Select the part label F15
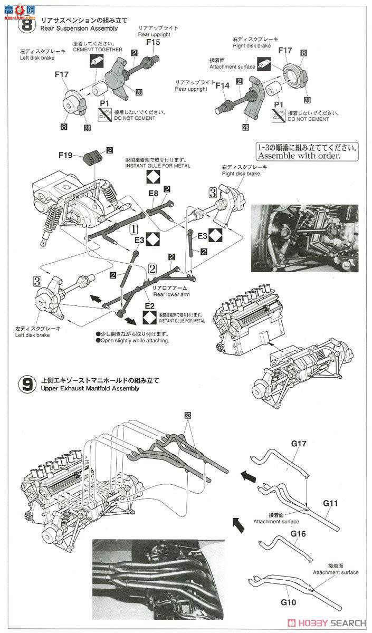(x=153, y=41)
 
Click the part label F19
(x=65, y=155)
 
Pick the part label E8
(x=153, y=194)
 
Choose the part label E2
(x=149, y=305)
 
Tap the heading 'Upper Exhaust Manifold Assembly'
(x=87, y=388)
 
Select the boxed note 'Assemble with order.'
(x=300, y=152)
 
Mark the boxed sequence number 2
(x=152, y=268)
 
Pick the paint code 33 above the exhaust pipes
(x=188, y=415)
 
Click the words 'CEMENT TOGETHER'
(x=102, y=50)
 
